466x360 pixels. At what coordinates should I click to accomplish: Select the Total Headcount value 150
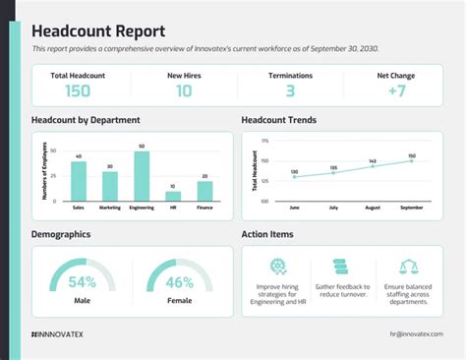(79, 91)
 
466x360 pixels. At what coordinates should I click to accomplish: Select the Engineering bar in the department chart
(143, 177)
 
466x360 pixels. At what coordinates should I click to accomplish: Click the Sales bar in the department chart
(79, 181)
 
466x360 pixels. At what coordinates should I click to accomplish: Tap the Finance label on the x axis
(204, 209)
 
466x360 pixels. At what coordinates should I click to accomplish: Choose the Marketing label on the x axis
(109, 209)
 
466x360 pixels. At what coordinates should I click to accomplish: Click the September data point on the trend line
(412, 160)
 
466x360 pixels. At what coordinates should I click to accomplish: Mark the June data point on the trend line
(294, 178)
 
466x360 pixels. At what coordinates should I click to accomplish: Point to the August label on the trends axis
(373, 209)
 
